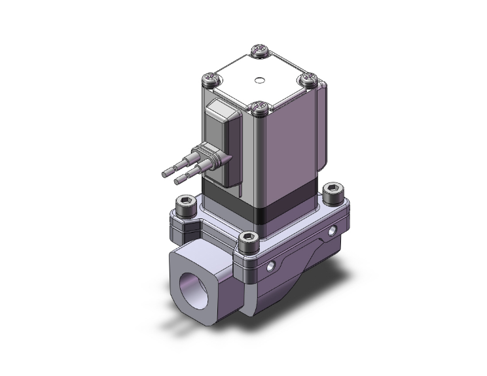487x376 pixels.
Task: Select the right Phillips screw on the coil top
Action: pyautogui.click(x=308, y=80)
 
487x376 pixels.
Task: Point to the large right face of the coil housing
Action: pyautogui.click(x=288, y=150)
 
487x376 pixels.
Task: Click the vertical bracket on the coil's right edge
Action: pyautogui.click(x=323, y=131)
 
